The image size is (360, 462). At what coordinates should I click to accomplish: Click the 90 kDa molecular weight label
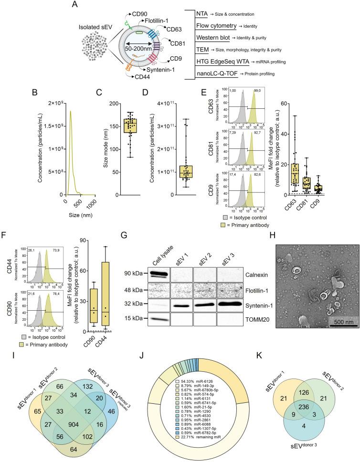132,248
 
